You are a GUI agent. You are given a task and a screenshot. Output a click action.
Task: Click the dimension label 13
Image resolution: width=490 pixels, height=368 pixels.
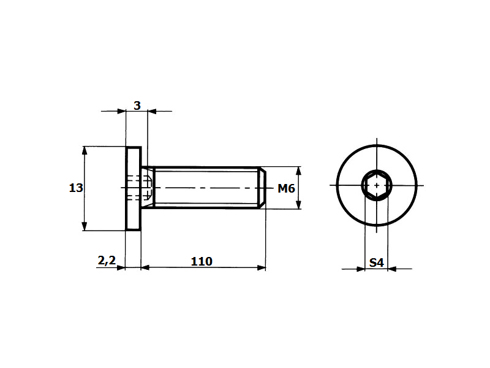point(76,188)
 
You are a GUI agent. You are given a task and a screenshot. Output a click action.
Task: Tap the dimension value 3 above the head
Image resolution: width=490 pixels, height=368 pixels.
point(137,105)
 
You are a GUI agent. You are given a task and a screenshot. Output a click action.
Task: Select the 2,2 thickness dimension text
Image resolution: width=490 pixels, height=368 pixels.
point(107,260)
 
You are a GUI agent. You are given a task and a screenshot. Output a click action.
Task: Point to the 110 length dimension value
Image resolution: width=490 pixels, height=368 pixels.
point(202,261)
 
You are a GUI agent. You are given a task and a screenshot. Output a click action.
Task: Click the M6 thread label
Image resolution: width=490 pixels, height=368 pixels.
point(286,188)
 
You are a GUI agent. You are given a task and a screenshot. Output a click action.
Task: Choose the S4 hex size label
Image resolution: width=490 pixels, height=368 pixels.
point(376,263)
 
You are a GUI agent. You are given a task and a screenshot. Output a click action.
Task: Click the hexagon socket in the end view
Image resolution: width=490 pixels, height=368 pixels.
point(377,185)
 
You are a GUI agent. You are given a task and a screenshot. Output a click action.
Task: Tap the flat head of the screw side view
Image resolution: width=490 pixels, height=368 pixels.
point(134,188)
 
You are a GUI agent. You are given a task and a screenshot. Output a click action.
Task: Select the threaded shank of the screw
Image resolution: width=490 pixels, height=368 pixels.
point(207,188)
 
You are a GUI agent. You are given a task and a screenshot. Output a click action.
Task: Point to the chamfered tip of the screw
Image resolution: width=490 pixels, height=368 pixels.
point(262,188)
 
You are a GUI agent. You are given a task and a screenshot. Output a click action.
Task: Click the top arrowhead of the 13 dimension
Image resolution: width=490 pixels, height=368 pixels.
point(84,150)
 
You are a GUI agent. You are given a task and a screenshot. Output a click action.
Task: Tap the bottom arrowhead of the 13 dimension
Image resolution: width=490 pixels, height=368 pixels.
point(84,226)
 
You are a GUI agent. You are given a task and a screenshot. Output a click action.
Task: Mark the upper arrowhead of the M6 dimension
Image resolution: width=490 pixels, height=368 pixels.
point(298,171)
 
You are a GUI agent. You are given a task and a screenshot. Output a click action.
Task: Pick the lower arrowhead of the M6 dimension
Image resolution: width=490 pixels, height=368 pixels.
point(298,204)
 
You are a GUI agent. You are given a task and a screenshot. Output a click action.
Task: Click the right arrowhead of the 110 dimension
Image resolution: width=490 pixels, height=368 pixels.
point(262,267)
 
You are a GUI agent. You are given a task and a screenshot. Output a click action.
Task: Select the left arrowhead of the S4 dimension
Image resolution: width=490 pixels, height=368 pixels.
point(361,269)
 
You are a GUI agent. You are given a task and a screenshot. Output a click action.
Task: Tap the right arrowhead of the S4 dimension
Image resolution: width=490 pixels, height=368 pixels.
point(392,269)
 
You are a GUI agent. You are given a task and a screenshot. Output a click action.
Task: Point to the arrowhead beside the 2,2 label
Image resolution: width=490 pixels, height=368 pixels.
point(121,268)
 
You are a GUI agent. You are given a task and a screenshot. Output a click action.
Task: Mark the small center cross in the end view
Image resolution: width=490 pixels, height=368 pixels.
point(377,185)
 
